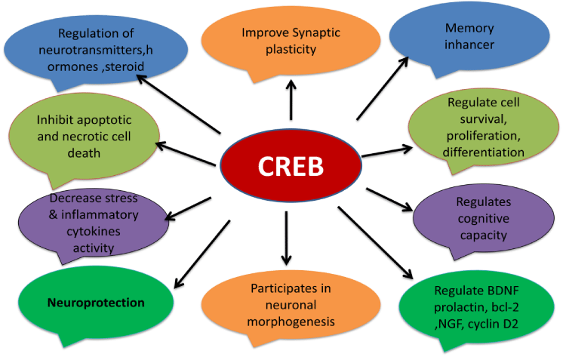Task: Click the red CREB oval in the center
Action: [291, 165]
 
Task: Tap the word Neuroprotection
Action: [96, 303]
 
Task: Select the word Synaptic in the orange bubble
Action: [316, 33]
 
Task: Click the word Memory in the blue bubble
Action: [469, 28]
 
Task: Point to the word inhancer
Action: [469, 45]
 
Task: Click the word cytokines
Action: [94, 232]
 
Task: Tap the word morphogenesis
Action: [291, 322]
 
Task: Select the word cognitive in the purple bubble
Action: [484, 218]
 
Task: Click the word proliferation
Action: [484, 136]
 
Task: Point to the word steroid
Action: [125, 66]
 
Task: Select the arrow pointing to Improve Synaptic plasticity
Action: [291, 100]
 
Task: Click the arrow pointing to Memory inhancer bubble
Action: [383, 88]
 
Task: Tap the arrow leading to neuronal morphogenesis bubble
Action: [286, 238]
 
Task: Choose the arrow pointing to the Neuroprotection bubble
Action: [201, 254]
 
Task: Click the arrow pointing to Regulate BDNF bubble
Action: [375, 243]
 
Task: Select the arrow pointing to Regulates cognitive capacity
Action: [389, 200]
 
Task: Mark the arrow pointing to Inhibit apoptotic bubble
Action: [186, 154]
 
